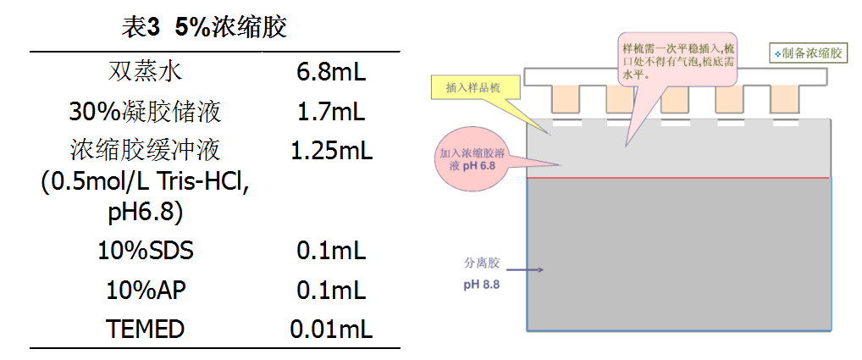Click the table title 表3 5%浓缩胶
click(x=205, y=27)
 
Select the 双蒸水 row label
click(x=146, y=71)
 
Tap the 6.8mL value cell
click(x=331, y=72)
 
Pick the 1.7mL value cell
click(x=331, y=111)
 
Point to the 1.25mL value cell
click(x=331, y=151)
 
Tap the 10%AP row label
click(x=146, y=290)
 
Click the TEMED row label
click(x=146, y=329)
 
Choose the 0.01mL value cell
click(x=331, y=329)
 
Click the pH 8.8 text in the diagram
click(x=482, y=285)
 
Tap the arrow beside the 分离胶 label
click(x=529, y=270)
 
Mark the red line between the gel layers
click(x=677, y=178)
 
